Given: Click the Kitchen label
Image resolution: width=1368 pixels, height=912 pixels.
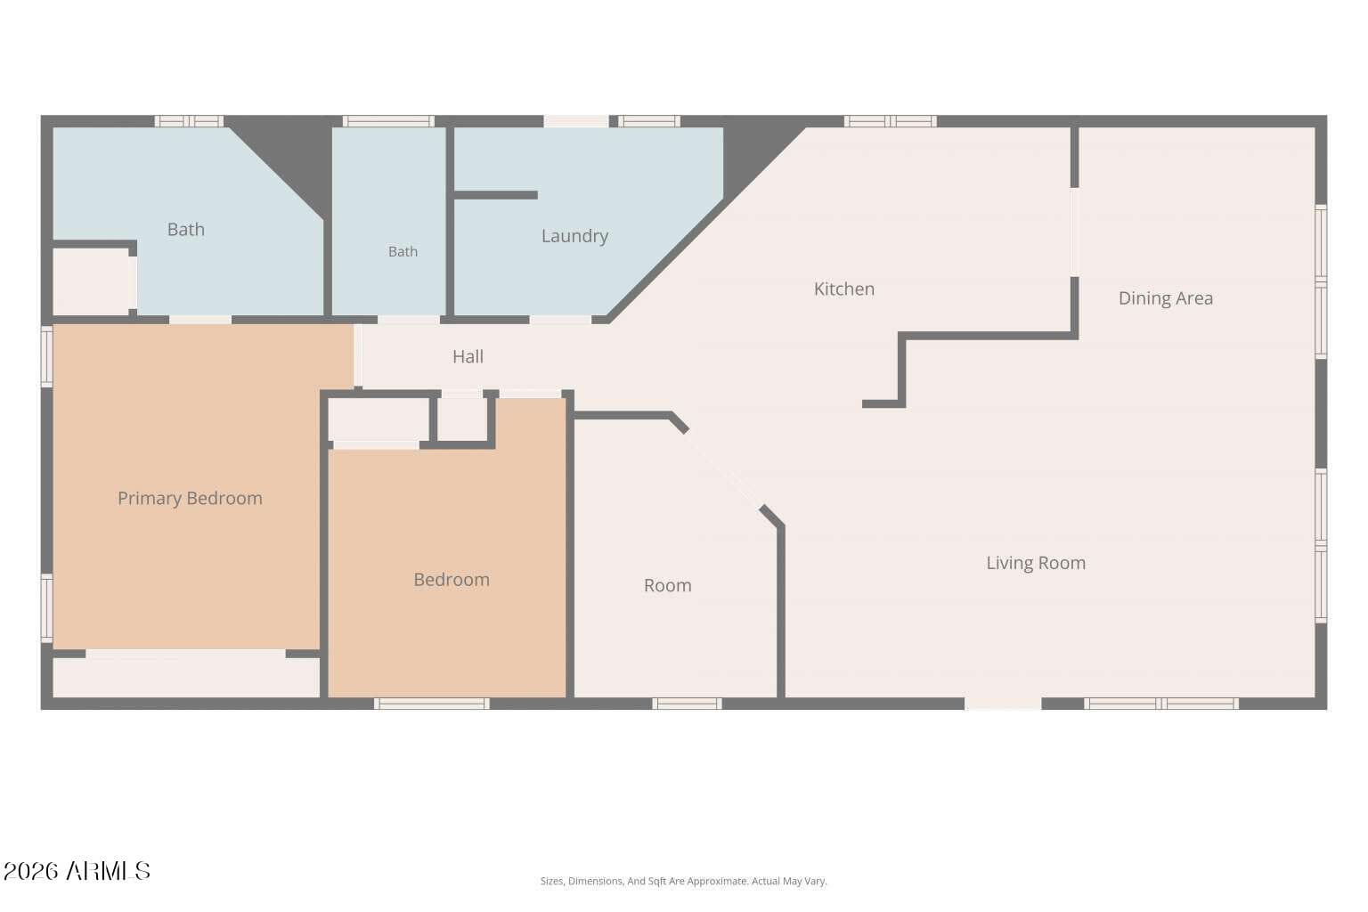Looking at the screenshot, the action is pos(844,289).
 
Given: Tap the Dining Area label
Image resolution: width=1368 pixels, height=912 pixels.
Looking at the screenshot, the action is pos(1165,298).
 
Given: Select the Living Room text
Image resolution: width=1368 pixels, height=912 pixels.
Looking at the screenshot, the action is pos(1036,563).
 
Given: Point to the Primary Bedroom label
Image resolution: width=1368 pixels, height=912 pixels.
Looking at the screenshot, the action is pos(190,499).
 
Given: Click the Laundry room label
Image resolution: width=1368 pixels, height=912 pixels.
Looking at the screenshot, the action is pos(574,236).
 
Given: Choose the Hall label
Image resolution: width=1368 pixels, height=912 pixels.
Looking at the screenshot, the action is pos(468,357).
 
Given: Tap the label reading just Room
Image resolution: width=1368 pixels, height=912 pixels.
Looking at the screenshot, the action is pos(667,586).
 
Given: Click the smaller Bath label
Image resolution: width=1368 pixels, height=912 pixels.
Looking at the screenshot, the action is pos(403,252).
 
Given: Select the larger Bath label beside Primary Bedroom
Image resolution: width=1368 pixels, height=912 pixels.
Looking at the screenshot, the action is pos(185,230).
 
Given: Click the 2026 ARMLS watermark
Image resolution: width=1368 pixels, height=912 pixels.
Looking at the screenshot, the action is pos(77,871).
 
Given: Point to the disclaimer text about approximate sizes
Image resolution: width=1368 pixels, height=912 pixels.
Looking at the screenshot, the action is pos(683,881).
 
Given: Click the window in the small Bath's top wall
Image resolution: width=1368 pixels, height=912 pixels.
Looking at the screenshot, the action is pos(388,121).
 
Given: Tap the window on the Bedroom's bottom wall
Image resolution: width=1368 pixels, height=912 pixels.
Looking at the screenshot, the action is pos(432,704).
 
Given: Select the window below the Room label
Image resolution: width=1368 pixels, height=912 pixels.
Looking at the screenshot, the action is pos(687,704).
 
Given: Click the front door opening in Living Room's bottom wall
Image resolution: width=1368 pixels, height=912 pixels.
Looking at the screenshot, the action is pos(1003,704).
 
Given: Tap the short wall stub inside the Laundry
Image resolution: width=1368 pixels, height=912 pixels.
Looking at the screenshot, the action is pos(495,195).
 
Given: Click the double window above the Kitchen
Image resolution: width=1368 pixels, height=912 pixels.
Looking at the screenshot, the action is pos(891,121).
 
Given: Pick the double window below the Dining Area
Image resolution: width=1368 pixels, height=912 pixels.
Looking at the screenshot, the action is pos(1161,704).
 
